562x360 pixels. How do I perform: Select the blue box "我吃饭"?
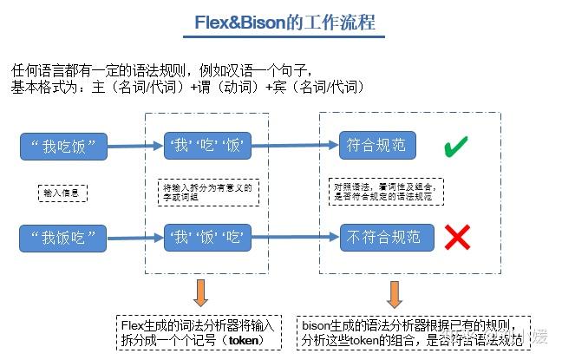tap(69, 146)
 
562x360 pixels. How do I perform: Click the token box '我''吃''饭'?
tap(208, 146)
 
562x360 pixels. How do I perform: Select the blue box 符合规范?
tap(375, 145)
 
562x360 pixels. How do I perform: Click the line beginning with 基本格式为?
tap(186, 88)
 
